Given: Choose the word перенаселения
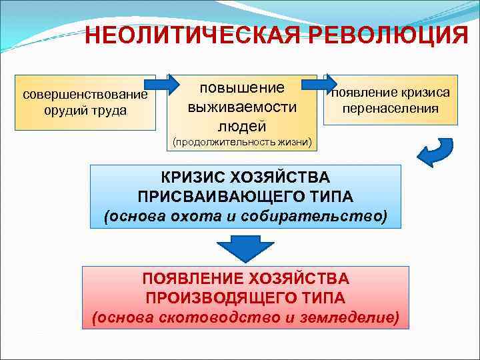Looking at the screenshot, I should pos(391,108).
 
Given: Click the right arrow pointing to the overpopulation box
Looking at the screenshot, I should pos(321,84).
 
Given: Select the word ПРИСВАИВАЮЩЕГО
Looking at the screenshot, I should pos(213,197).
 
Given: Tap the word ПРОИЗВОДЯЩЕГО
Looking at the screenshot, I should pos(213,297).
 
